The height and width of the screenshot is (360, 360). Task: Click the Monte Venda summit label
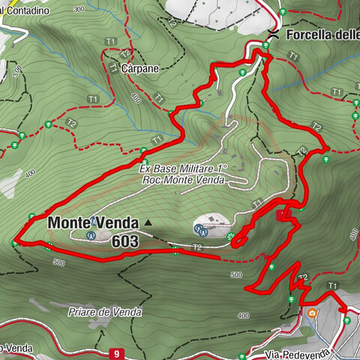93,223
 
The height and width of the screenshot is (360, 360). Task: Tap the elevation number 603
124,241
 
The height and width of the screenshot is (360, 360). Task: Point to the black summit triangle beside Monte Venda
148,223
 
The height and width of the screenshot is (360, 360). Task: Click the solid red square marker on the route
280,215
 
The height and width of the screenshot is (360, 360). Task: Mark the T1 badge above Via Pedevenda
332,286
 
